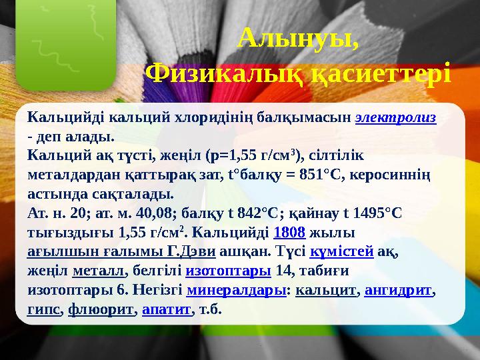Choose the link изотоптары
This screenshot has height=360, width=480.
(227, 271)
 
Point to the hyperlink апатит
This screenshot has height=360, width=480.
(167, 310)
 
